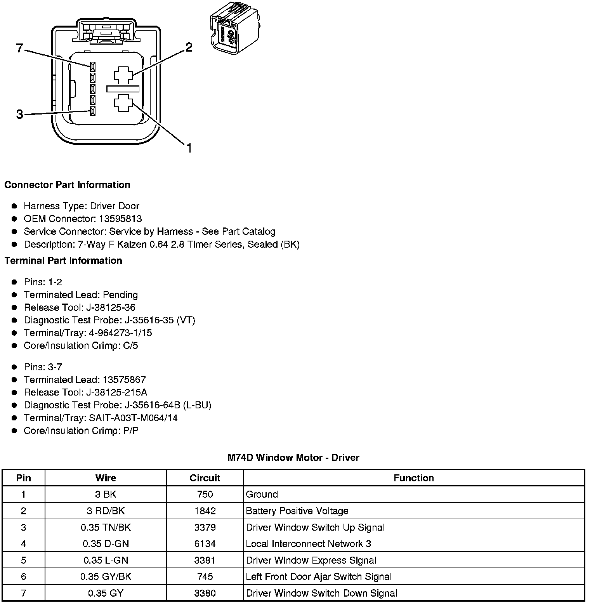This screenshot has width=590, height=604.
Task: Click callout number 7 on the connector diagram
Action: click(20, 49)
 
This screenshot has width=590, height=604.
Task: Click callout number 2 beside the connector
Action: click(189, 47)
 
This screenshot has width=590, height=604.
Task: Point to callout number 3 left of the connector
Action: click(19, 115)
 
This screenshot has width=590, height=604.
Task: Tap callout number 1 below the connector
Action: click(189, 148)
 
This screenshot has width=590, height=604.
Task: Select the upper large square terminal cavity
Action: click(123, 75)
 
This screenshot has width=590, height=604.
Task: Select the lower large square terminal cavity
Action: click(123, 103)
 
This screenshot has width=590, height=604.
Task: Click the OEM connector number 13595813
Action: click(120, 219)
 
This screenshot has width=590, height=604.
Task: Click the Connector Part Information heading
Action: click(67, 185)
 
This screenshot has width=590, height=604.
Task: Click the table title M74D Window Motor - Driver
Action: click(293, 458)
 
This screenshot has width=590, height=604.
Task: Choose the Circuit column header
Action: click(205, 478)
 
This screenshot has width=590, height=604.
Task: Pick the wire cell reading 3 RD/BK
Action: click(106, 511)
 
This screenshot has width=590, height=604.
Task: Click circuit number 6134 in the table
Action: click(205, 544)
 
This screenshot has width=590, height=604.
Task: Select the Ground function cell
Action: click(262, 494)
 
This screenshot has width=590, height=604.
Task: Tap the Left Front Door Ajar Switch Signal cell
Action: click(319, 577)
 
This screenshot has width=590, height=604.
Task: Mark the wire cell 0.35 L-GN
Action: click(106, 560)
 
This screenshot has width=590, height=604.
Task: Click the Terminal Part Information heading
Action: click(63, 260)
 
